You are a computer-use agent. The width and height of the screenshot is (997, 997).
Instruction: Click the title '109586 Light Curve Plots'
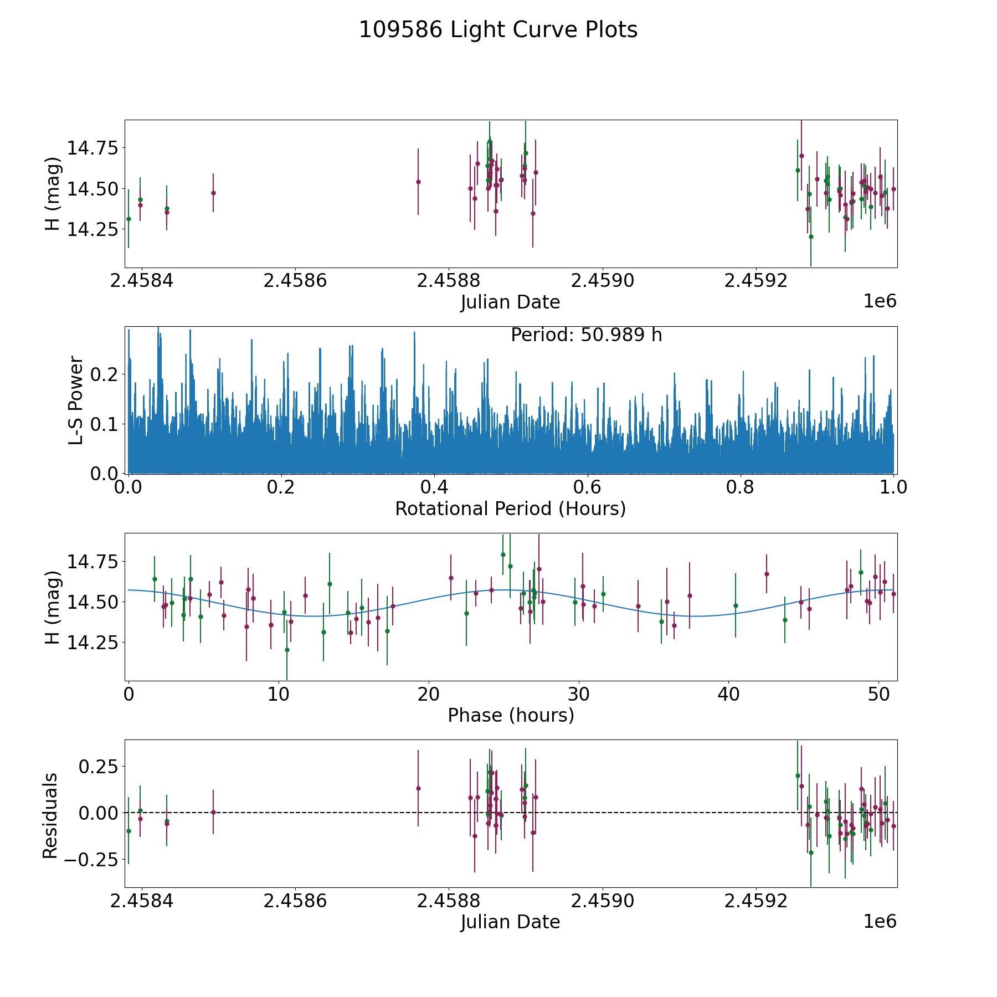click(x=498, y=30)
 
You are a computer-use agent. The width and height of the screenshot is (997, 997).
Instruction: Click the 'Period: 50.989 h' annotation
click(x=586, y=335)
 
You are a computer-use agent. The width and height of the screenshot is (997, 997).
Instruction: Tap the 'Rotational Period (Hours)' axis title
click(x=510, y=508)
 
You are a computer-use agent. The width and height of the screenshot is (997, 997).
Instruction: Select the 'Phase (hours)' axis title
click(x=511, y=716)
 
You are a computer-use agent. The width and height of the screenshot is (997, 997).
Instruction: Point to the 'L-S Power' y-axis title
click(x=76, y=400)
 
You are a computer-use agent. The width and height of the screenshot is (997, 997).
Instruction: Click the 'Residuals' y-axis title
click(x=50, y=815)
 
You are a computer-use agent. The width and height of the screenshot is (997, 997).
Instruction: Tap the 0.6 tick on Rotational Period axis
click(x=587, y=487)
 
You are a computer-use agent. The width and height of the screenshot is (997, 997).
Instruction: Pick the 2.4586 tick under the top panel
click(x=295, y=281)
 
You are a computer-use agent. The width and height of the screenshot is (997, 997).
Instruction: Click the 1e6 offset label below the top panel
click(x=880, y=301)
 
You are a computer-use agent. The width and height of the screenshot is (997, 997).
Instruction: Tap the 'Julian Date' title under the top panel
click(x=510, y=302)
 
